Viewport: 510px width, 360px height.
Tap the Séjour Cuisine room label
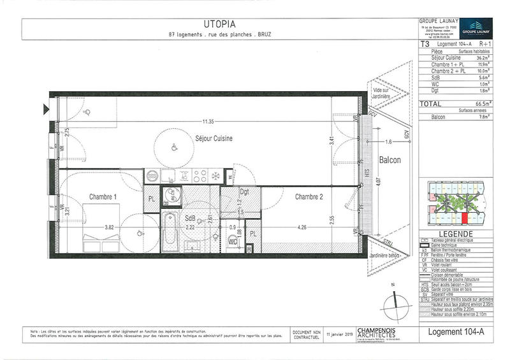[x=214, y=138]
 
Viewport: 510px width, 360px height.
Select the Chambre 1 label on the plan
[x=103, y=197]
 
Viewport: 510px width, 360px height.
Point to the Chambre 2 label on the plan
[x=310, y=197]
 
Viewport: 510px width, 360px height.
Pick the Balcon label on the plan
[x=389, y=161]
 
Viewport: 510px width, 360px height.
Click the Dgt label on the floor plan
[x=244, y=192]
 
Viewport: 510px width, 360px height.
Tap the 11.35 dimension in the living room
[x=205, y=121]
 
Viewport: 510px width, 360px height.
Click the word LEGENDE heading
[x=458, y=234]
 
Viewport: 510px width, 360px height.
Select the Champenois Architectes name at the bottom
[x=377, y=333]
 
